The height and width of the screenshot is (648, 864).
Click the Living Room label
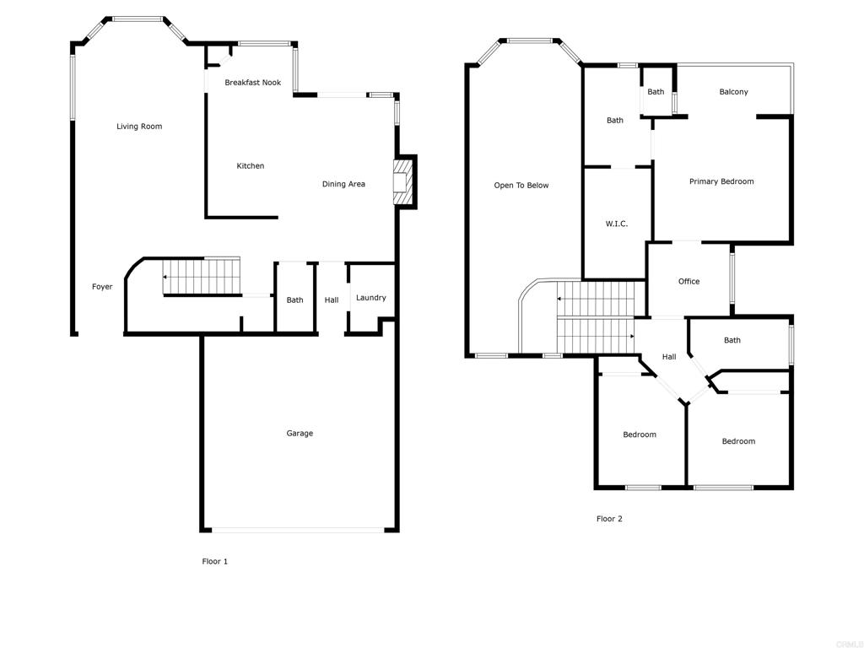point(139,127)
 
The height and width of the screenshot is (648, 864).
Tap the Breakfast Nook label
point(252,83)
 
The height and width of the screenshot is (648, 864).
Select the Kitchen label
point(250,166)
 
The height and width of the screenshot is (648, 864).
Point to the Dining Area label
point(343,184)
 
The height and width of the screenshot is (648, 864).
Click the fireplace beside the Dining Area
point(402,182)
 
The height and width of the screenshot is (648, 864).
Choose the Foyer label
point(102,287)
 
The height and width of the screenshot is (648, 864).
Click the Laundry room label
point(370,298)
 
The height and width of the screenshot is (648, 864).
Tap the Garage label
point(300,434)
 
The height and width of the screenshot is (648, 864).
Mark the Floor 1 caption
point(214,562)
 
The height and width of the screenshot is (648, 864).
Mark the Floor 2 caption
point(609,520)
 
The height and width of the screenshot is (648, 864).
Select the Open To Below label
point(521,186)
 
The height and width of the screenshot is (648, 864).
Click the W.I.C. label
point(616,224)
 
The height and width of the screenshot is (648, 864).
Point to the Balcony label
point(733,92)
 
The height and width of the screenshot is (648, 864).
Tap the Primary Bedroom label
point(721,181)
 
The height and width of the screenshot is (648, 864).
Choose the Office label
point(688,282)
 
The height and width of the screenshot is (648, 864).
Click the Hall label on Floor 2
point(668,357)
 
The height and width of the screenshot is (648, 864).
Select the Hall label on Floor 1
point(332,300)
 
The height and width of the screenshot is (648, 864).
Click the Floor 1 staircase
point(202,277)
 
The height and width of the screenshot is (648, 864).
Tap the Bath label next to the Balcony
point(656,92)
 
